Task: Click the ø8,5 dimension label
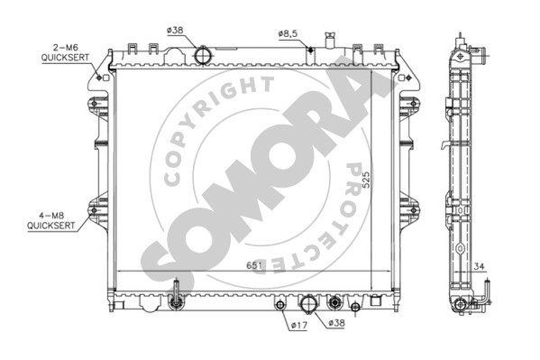point(288,34)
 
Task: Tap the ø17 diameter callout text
point(298,325)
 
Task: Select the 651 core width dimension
point(254,265)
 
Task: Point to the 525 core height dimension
point(366,180)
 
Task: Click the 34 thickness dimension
point(479,266)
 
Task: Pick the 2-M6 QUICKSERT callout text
point(65,52)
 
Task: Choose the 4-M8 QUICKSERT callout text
point(51,221)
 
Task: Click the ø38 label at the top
point(175,31)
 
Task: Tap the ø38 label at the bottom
point(336,323)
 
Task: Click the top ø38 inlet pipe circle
point(203,55)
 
